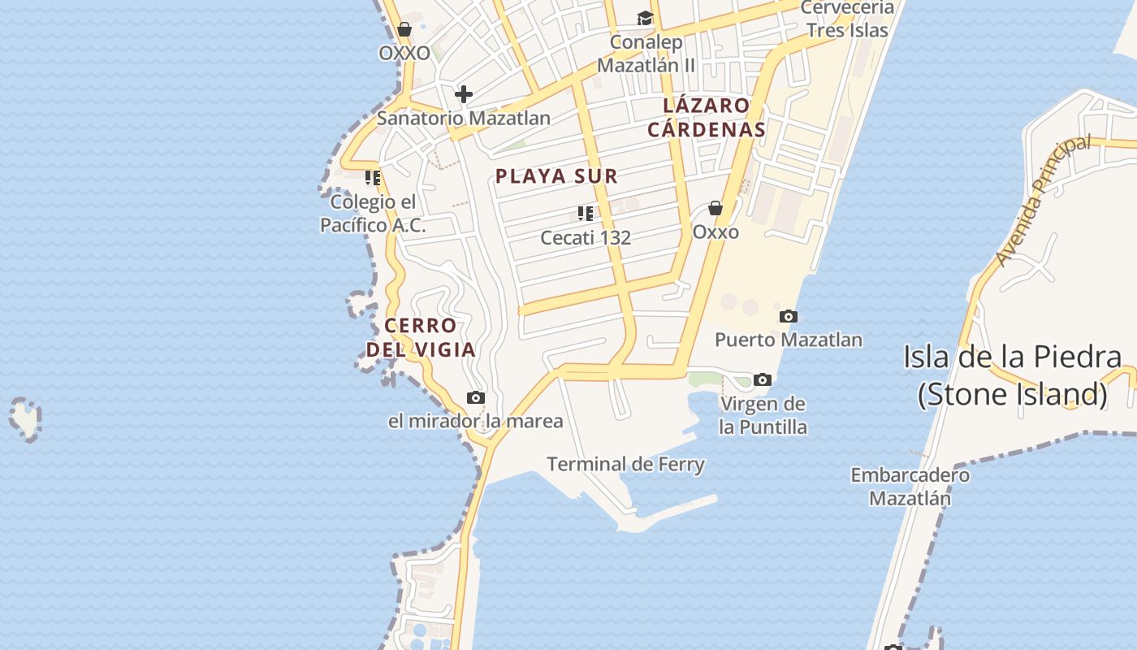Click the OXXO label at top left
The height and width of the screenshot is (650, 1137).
coord(404,53)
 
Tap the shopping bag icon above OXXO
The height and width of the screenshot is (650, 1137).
coord(404,30)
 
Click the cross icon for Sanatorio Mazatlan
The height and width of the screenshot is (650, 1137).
coord(464,94)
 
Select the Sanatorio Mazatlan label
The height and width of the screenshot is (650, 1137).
coord(464,118)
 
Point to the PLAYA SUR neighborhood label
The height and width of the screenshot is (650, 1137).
coord(557,175)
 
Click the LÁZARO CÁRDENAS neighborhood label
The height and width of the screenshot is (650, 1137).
coord(707,117)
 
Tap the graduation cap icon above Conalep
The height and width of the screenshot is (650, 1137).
coord(645,19)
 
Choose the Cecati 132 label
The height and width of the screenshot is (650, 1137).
coord(586,238)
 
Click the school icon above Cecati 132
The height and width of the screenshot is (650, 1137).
coord(586,214)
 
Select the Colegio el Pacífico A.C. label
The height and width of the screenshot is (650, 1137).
coord(373,214)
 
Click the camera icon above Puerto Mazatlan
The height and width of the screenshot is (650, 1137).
coord(788,316)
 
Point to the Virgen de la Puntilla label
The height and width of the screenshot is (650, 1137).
coord(763,415)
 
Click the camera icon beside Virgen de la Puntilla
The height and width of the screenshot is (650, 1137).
coord(762,379)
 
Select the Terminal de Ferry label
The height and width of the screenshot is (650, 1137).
coord(625,464)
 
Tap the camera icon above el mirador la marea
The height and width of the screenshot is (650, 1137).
coord(476,397)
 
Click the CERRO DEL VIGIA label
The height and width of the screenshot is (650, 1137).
coord(420,338)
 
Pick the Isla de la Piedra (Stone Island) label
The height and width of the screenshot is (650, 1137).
coord(1013,375)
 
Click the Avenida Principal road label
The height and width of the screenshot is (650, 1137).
coord(1043,200)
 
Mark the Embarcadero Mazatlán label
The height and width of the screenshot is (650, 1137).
coord(910,486)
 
